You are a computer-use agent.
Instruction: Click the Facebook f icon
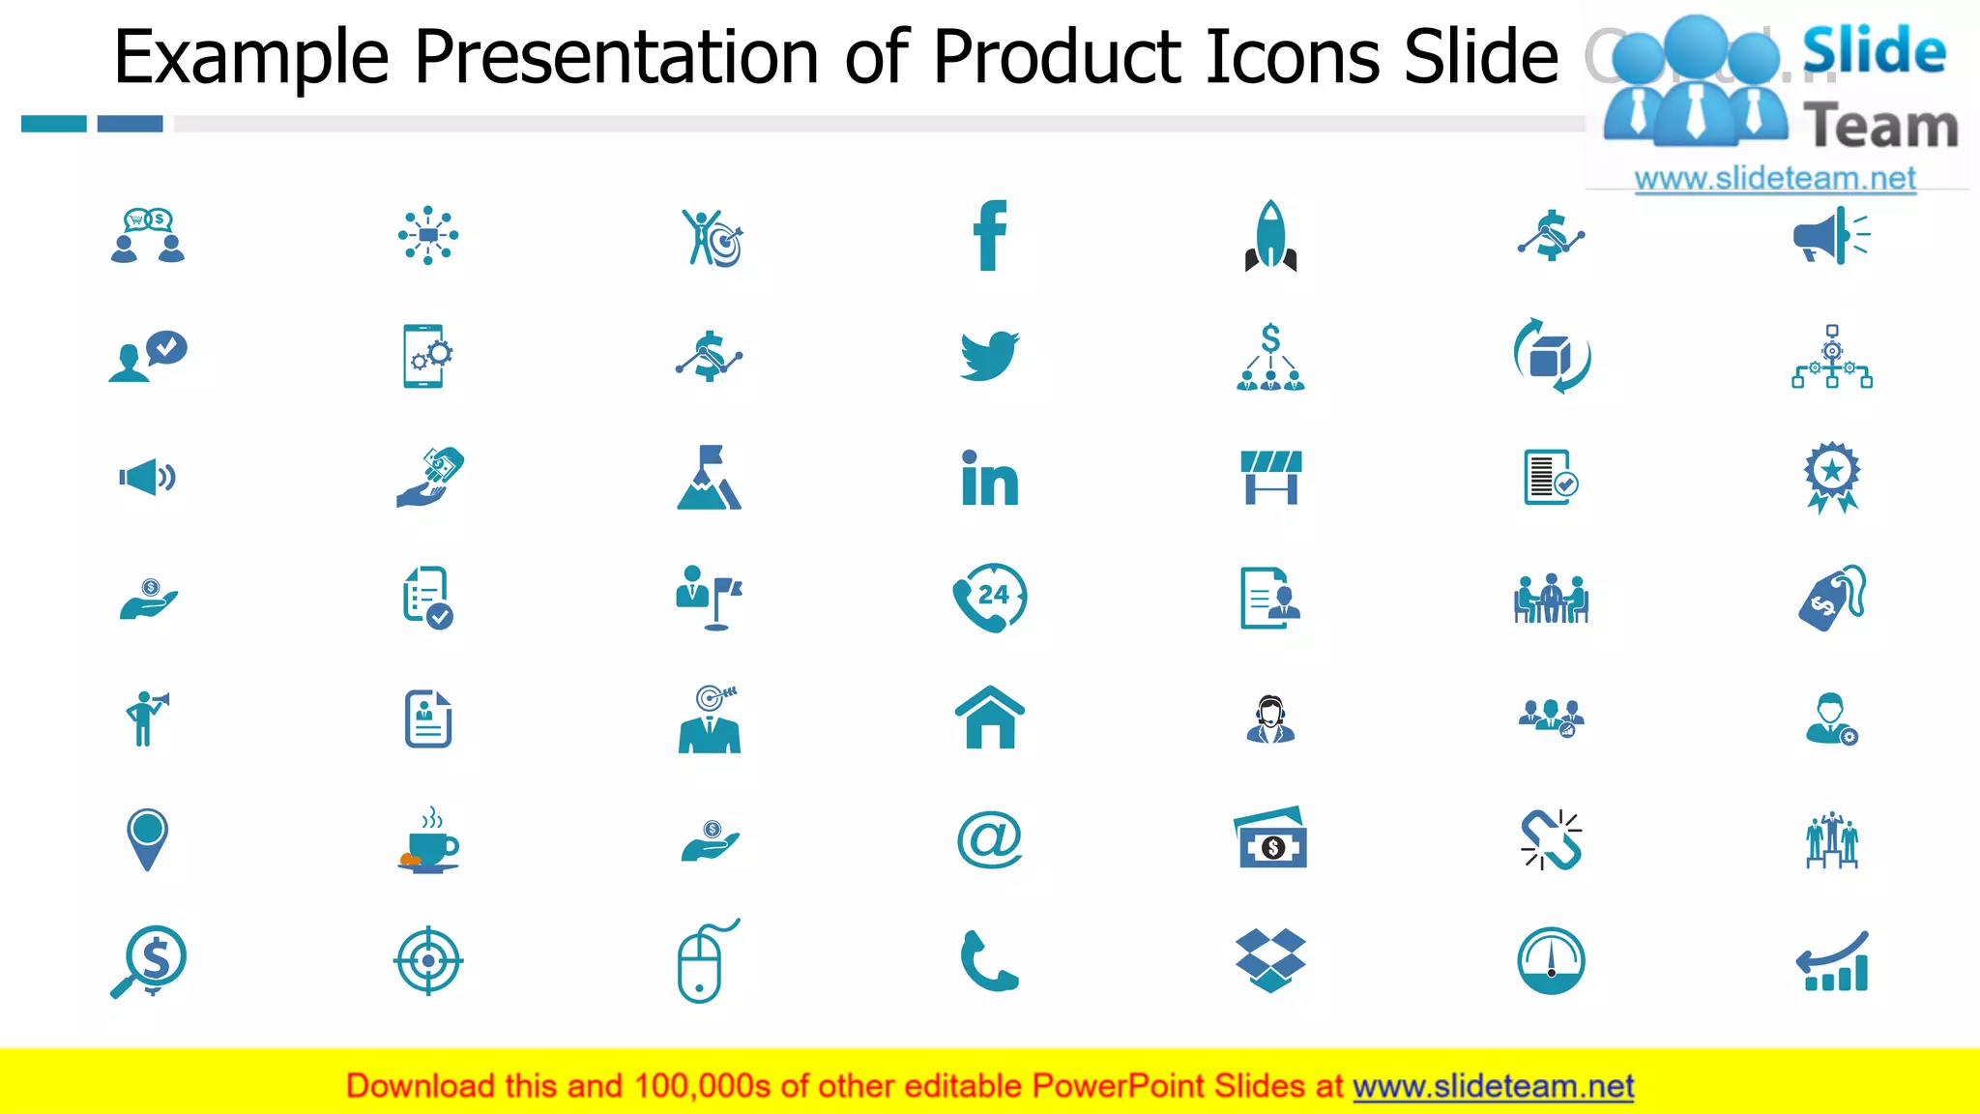[989, 235]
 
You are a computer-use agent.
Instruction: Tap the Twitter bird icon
[989, 355]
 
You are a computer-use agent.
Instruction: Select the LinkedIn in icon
[989, 479]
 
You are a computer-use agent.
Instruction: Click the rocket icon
[1270, 236]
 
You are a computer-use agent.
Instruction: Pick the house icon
[989, 718]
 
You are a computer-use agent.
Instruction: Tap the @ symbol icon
[989, 838]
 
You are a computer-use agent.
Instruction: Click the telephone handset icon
[989, 961]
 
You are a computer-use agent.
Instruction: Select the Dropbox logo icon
[1270, 959]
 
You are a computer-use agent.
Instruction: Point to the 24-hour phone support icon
[989, 598]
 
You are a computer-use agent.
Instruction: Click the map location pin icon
[147, 837]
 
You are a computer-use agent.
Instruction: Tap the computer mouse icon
[703, 963]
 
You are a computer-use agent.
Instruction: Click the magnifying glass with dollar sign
[150, 960]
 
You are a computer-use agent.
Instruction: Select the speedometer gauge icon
[1551, 960]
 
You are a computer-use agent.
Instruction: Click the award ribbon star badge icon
[1831, 477]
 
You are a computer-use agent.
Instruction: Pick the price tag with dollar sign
[1830, 599]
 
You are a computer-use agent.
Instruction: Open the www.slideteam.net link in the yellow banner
[1493, 1086]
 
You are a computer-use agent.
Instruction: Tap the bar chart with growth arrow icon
[1832, 962]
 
